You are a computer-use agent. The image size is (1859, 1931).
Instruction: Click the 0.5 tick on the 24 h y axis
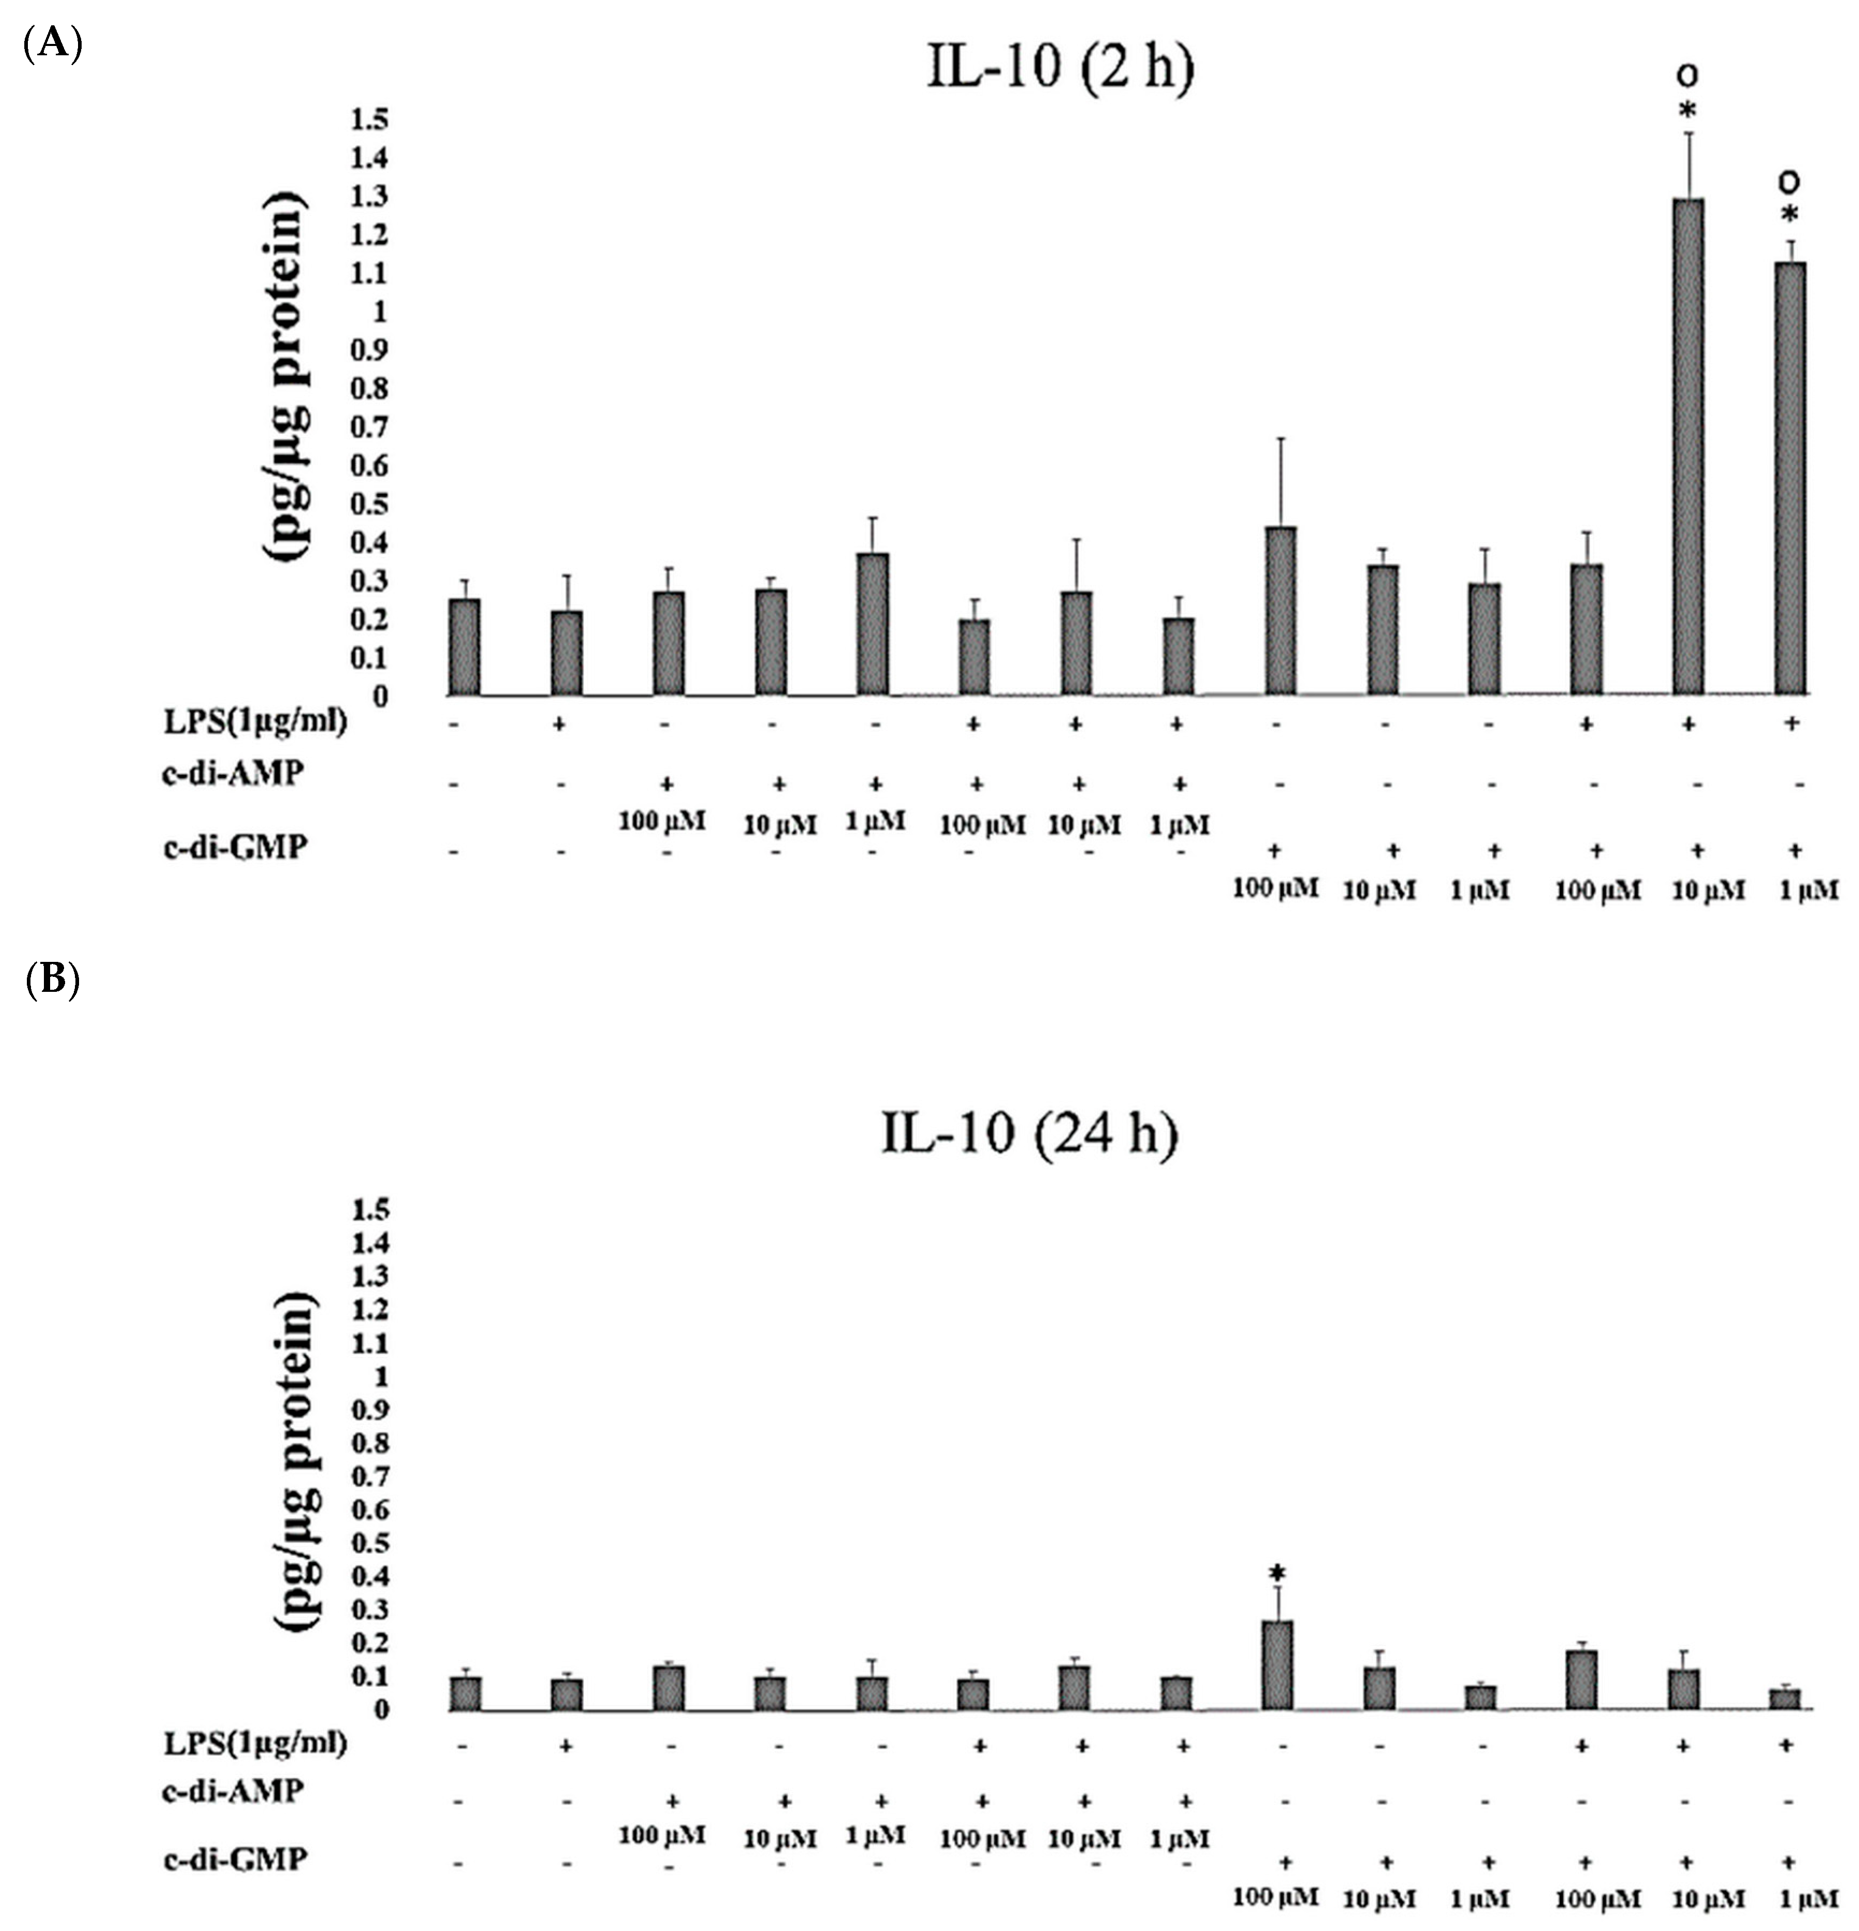coord(369,1543)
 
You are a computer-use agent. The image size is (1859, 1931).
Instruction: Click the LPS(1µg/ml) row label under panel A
coord(255,722)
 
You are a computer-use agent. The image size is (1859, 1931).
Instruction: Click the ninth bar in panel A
coord(1280,611)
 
